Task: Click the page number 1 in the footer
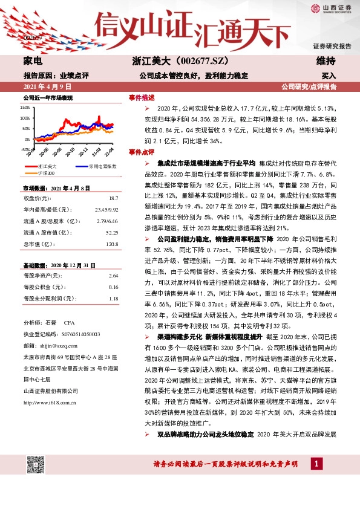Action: point(316,464)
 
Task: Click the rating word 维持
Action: point(326,61)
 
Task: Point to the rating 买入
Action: point(329,76)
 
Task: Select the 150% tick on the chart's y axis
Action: point(25,107)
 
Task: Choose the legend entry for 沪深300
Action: point(46,172)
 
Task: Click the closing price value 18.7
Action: point(113,198)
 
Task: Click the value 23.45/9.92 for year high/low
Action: point(106,209)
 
